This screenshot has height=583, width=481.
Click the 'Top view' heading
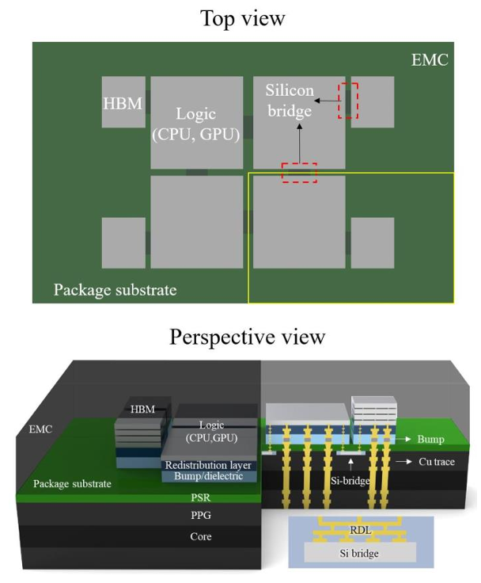[x=243, y=18]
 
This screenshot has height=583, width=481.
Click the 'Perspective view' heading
[x=248, y=337]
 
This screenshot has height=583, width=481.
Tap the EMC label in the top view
[x=430, y=60]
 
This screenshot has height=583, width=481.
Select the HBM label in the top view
[x=123, y=104]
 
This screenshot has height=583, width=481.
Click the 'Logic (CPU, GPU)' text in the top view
[x=196, y=124]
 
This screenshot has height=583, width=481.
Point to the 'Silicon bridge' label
[x=290, y=101]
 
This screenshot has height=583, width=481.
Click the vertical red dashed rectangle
[x=348, y=101]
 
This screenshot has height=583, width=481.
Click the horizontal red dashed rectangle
[x=299, y=173]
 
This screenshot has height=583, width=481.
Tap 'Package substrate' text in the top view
[x=116, y=290]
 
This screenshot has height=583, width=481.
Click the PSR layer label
[x=201, y=497]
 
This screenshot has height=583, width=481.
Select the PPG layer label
[x=201, y=516]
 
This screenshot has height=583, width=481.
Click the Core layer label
[x=201, y=536]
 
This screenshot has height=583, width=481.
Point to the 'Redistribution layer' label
[x=208, y=465]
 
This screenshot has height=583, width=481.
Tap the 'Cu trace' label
[x=437, y=462]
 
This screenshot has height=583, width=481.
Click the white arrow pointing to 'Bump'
[x=403, y=439]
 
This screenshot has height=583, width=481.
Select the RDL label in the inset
[x=360, y=530]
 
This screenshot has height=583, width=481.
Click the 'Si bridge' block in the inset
[x=360, y=553]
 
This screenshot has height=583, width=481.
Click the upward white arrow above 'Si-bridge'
[x=351, y=465]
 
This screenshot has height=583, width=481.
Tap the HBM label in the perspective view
[x=142, y=409]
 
